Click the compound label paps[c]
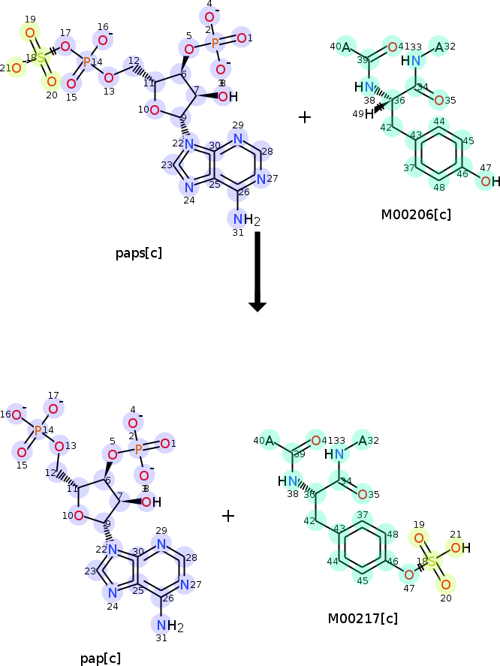(139, 252)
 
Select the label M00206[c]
(416, 215)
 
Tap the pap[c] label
(101, 658)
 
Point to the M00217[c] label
(363, 619)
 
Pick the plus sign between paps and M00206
(305, 117)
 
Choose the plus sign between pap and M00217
(228, 516)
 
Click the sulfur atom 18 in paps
(41, 59)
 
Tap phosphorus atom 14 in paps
(86, 62)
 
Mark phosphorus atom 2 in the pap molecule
(139, 448)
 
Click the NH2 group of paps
(242, 220)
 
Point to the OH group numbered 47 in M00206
(489, 181)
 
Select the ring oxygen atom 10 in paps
(154, 110)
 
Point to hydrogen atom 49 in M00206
(369, 115)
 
